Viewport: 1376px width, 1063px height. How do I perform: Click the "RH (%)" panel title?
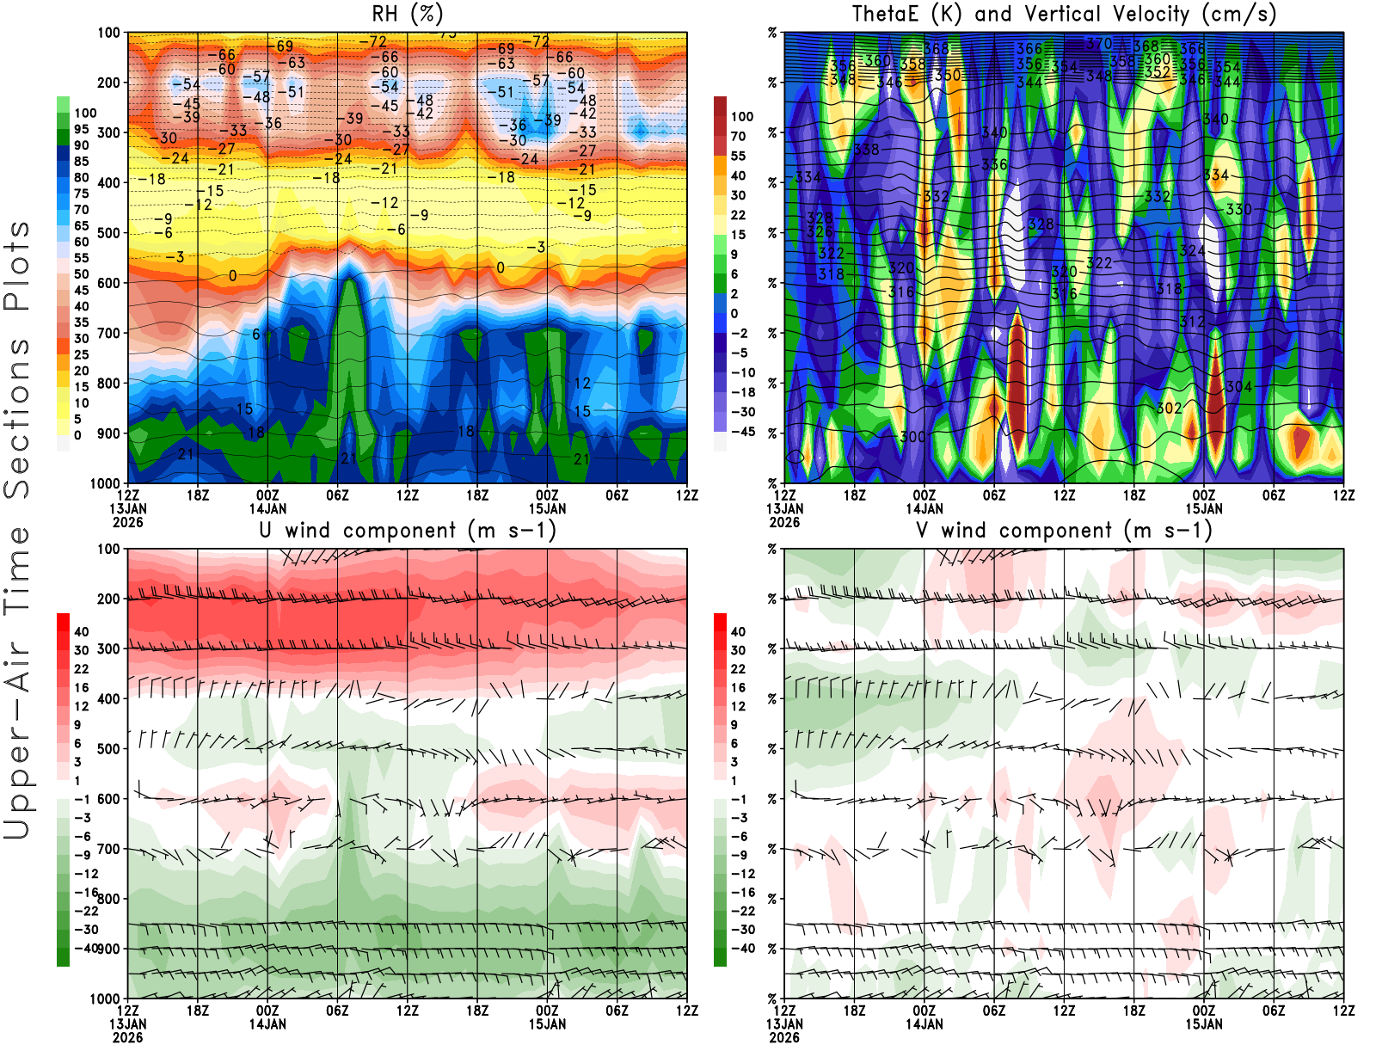407,15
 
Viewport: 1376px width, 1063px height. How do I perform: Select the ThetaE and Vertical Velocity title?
1064,15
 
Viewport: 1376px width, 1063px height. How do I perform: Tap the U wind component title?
408,531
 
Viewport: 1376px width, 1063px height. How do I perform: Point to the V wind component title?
1064,531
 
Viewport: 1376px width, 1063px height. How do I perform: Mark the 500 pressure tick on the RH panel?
109,233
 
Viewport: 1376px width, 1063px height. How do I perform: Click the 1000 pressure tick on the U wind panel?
106,998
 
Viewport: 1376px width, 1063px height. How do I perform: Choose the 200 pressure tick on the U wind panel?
109,599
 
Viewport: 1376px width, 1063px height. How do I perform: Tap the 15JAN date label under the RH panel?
548,508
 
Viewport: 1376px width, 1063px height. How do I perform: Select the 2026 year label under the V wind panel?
784,1037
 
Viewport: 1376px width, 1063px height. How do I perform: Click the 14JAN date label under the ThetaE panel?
924,508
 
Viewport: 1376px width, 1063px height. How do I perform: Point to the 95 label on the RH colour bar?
82,129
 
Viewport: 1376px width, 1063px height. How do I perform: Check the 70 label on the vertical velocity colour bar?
738,136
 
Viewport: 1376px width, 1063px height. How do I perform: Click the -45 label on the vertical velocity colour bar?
742,432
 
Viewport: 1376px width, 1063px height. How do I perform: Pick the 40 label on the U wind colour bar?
82,631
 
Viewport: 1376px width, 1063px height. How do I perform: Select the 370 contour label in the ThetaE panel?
1098,43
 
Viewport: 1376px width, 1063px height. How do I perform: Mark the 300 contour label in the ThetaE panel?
912,437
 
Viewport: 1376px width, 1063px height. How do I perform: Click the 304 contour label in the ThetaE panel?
1238,387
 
